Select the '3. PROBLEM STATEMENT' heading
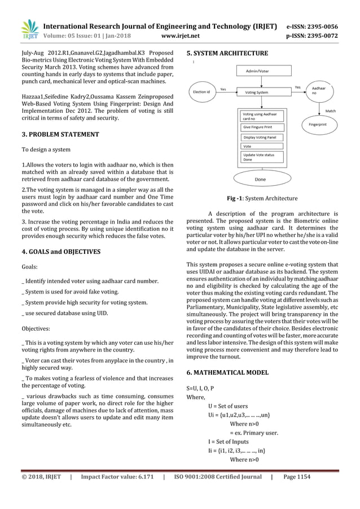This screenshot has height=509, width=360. (60, 134)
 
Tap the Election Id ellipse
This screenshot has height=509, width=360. (202, 91)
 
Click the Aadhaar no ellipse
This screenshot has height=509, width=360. (319, 90)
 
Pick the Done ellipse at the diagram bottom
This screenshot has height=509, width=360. (260, 179)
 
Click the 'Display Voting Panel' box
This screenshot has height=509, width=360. (260, 137)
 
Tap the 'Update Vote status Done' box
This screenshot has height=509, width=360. (259, 157)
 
